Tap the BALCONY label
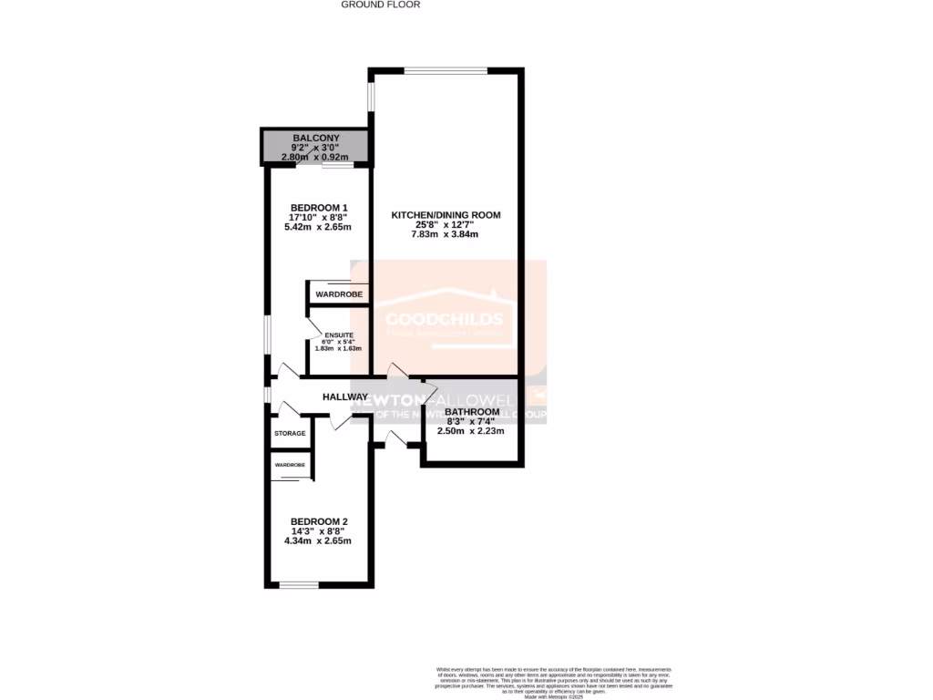(x=315, y=139)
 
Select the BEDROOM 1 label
(x=319, y=207)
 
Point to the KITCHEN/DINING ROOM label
(x=446, y=215)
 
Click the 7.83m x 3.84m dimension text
(x=446, y=235)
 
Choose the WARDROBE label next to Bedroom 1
(x=339, y=295)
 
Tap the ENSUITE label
(x=338, y=335)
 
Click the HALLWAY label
(x=345, y=397)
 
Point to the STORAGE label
(x=291, y=433)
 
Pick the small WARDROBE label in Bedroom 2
(x=290, y=465)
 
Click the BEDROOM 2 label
(x=319, y=521)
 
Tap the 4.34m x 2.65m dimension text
(x=318, y=541)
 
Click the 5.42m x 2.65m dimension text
(x=318, y=227)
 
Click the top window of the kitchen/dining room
(x=446, y=70)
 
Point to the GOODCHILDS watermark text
(x=444, y=319)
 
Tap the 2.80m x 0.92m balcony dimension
(x=315, y=157)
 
